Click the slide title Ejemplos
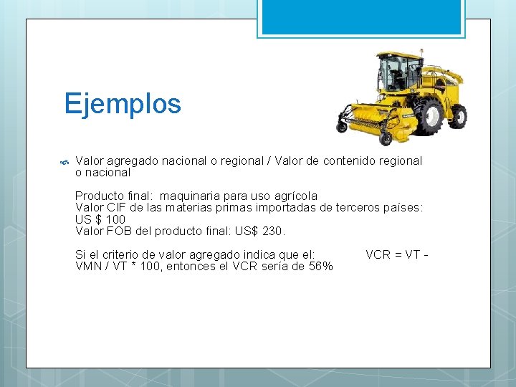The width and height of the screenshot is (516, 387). click(x=123, y=104)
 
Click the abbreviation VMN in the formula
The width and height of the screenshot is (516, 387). click(x=88, y=266)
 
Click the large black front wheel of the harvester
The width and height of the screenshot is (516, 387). click(x=429, y=116)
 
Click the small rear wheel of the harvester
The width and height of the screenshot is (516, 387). click(x=458, y=115)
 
